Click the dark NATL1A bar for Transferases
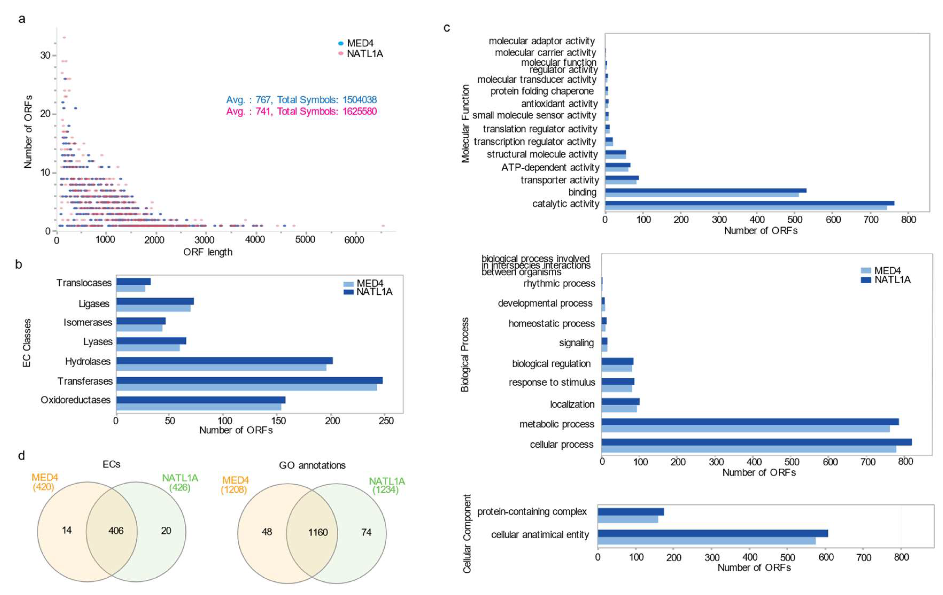249,380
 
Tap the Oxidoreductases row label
76,400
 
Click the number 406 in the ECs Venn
116,531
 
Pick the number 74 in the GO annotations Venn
366,532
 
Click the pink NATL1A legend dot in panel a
341,53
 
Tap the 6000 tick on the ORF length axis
354,240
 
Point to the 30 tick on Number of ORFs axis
45,55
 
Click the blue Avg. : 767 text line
301,100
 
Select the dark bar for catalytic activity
750,203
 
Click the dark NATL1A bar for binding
705,190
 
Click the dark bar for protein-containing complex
631,512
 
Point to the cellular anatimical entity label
540,535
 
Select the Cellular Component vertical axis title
467,534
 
